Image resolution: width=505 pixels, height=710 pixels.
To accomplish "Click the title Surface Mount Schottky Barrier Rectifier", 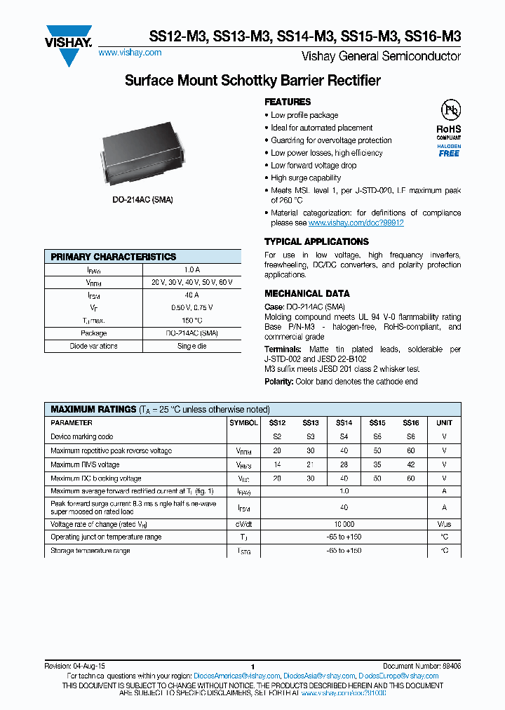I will pyautogui.click(x=252, y=81).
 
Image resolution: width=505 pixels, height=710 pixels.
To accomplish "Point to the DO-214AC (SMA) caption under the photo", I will pyautogui.click(x=142, y=200).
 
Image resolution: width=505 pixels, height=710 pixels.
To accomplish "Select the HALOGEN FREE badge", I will pyautogui.click(x=449, y=150).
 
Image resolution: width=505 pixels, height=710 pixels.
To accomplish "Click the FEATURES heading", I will pyautogui.click(x=288, y=102).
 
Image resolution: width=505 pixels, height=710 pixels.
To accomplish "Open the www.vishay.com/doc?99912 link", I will pyautogui.click(x=356, y=223).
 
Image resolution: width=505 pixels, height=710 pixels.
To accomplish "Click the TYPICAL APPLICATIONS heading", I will pyautogui.click(x=316, y=242).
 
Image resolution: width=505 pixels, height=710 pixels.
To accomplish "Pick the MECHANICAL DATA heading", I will pyautogui.click(x=307, y=294).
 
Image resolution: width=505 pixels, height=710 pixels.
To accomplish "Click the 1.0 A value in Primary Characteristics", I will pyautogui.click(x=191, y=269).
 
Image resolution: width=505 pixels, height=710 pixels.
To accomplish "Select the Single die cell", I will pyautogui.click(x=191, y=346).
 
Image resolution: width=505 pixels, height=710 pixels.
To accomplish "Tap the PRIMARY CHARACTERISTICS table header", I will pyautogui.click(x=114, y=257).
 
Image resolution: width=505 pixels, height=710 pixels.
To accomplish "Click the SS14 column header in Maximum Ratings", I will pyautogui.click(x=344, y=423).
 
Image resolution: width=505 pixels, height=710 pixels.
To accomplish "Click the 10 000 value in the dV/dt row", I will pyautogui.click(x=344, y=524).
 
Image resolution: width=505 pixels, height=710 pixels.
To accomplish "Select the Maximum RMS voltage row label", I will pyautogui.click(x=85, y=464).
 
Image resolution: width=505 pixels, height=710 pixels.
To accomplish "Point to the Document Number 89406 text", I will pyautogui.click(x=422, y=666).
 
